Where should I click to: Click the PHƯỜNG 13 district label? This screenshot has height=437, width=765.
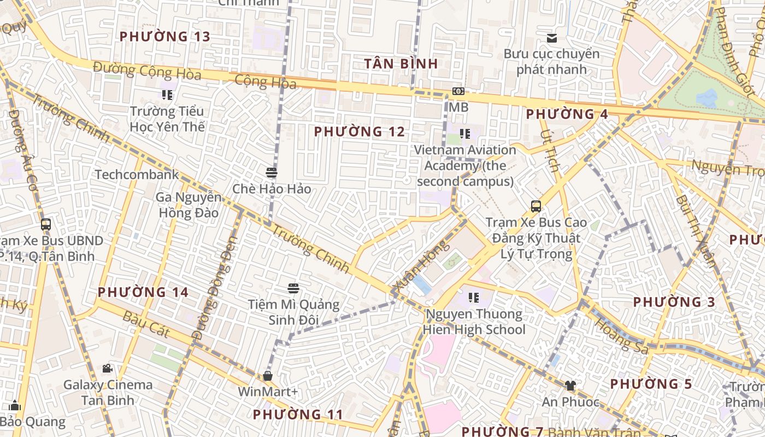tap(164, 37)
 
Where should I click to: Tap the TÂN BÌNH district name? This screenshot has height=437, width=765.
tap(401, 63)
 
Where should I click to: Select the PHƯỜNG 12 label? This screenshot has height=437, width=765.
tap(360, 132)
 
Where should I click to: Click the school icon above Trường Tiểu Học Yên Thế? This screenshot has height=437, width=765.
tap(167, 95)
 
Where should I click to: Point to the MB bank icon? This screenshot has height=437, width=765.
tap(458, 91)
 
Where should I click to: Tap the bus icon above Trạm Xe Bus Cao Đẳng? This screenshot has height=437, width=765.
tap(536, 206)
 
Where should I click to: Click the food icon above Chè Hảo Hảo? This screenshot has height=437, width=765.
tap(272, 173)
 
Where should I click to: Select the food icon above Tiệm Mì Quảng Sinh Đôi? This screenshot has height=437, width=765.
tap(293, 288)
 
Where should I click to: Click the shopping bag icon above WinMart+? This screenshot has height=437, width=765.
tap(268, 376)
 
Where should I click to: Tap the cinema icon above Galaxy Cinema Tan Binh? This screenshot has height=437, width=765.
tap(108, 369)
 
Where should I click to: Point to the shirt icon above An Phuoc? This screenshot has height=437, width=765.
tap(570, 386)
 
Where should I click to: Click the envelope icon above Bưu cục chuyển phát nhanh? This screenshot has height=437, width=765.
tap(552, 38)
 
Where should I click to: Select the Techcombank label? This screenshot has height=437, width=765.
tap(137, 175)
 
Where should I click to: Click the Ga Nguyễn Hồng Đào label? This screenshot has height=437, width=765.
tap(189, 205)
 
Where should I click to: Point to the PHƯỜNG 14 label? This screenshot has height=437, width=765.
tap(143, 292)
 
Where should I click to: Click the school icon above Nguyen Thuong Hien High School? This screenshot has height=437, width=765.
tap(474, 298)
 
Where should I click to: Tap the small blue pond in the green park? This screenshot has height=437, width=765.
tap(707, 98)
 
